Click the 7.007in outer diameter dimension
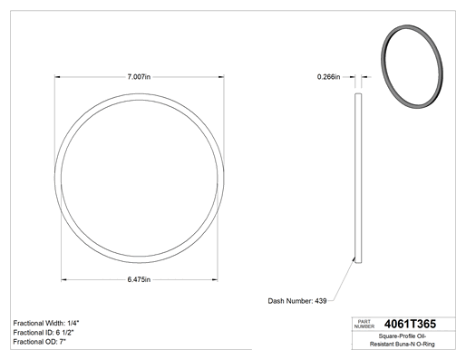[x=139, y=77]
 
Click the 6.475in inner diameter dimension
[x=139, y=279]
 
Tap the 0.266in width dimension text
[x=328, y=77]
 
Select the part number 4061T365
[x=410, y=324]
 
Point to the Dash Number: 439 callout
[x=297, y=301]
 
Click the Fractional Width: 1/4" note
[x=46, y=323]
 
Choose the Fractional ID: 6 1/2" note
[x=44, y=333]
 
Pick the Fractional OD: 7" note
[x=40, y=342]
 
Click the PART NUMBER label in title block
[x=364, y=324]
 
